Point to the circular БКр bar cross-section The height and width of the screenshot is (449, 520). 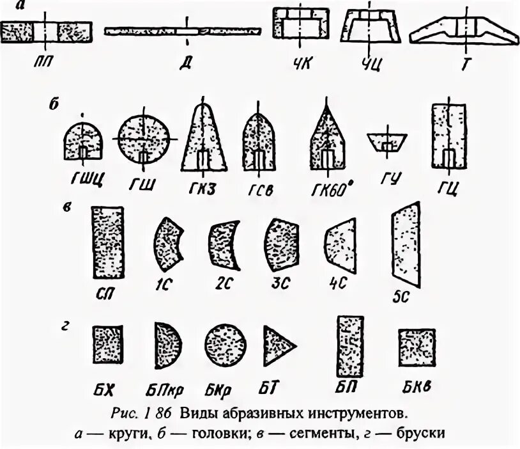click(226, 344)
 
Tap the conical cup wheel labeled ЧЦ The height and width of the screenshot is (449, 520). click(371, 28)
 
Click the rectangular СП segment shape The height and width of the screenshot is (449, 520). click(108, 243)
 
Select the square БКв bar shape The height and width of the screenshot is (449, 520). click(417, 348)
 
